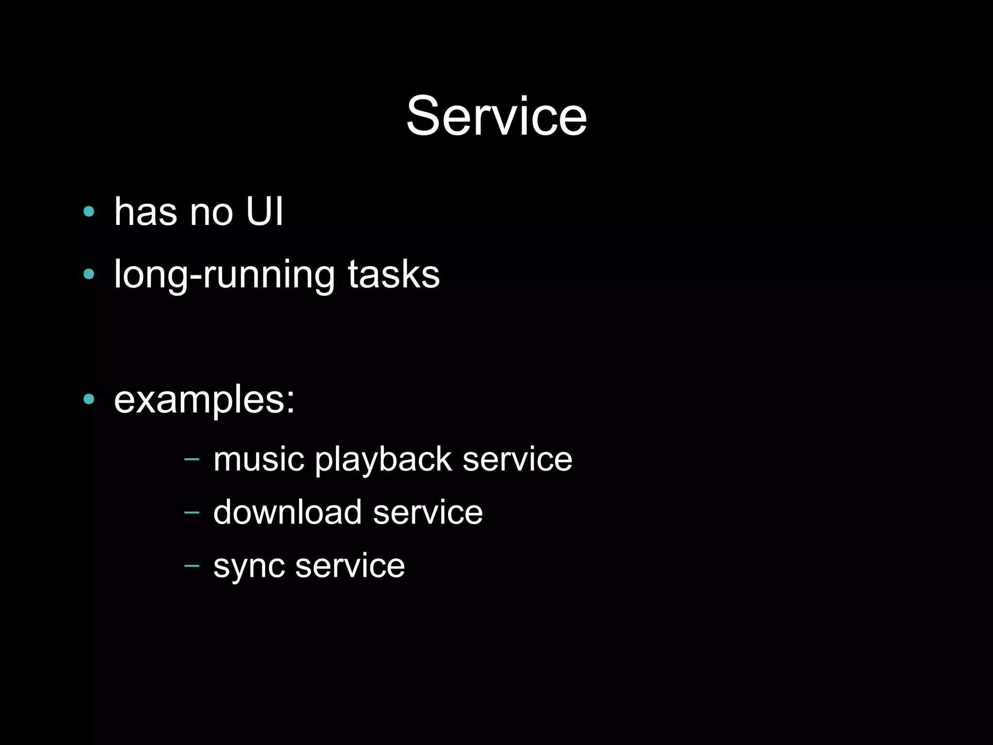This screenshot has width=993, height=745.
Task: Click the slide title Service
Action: click(x=496, y=116)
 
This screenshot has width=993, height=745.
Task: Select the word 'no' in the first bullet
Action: click(x=211, y=213)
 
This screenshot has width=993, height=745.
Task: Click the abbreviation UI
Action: click(x=264, y=212)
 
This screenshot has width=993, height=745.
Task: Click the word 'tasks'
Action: click(x=394, y=275)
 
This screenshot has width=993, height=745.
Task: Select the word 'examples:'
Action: click(x=204, y=400)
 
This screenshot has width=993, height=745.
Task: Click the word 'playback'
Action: click(x=383, y=460)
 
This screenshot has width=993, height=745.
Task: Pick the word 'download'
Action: click(x=288, y=512)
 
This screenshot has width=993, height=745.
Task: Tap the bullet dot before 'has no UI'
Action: click(x=89, y=211)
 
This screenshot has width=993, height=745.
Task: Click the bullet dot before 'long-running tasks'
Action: click(x=89, y=274)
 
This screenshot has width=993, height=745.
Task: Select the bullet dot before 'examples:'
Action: click(x=89, y=399)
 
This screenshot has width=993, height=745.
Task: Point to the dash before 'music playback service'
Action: click(x=192, y=459)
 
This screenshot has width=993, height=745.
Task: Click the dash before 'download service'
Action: click(x=192, y=512)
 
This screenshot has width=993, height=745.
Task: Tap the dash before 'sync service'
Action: click(x=192, y=565)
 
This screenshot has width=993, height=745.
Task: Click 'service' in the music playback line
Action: click(x=517, y=459)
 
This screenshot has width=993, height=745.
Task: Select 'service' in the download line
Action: click(x=428, y=512)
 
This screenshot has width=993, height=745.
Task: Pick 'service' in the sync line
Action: click(x=350, y=566)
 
